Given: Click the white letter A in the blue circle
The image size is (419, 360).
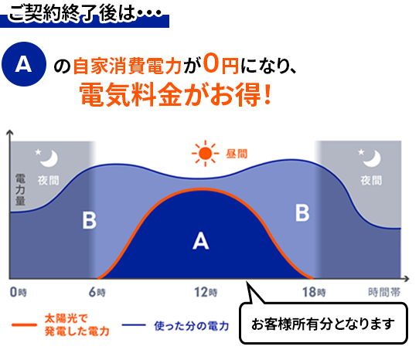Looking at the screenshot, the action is (x=23, y=64).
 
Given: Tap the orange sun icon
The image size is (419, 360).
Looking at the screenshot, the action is (x=205, y=153).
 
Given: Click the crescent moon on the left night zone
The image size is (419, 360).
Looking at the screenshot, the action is (x=49, y=159).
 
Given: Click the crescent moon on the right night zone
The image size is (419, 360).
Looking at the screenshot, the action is (x=373, y=159).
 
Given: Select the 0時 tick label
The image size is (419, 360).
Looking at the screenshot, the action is (x=19, y=292).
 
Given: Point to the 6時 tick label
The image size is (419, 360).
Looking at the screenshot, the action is (x=97, y=292).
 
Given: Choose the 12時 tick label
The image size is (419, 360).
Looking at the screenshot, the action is (x=206, y=292).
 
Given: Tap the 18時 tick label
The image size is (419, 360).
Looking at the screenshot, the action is (x=314, y=292).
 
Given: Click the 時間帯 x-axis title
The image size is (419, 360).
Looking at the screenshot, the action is (x=384, y=292).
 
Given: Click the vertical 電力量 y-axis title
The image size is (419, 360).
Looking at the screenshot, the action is (x=20, y=190).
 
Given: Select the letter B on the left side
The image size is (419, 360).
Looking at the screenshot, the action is (x=89, y=220).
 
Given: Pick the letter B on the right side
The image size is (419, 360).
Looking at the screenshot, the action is (x=302, y=212).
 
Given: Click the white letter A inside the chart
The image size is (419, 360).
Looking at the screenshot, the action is (x=201, y=241).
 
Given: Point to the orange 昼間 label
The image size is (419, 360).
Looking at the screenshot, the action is (x=237, y=154).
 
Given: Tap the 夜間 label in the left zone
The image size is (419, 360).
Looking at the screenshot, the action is (x=48, y=181).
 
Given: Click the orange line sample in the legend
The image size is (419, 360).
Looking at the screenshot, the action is (x=24, y=325).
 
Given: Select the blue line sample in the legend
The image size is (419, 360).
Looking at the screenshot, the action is (x=134, y=325).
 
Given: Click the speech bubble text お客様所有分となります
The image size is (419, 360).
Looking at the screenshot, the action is (x=323, y=324).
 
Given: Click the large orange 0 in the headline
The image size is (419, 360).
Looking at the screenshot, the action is (x=211, y=63).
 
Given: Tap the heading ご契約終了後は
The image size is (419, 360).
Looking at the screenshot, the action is (x=71, y=13).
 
